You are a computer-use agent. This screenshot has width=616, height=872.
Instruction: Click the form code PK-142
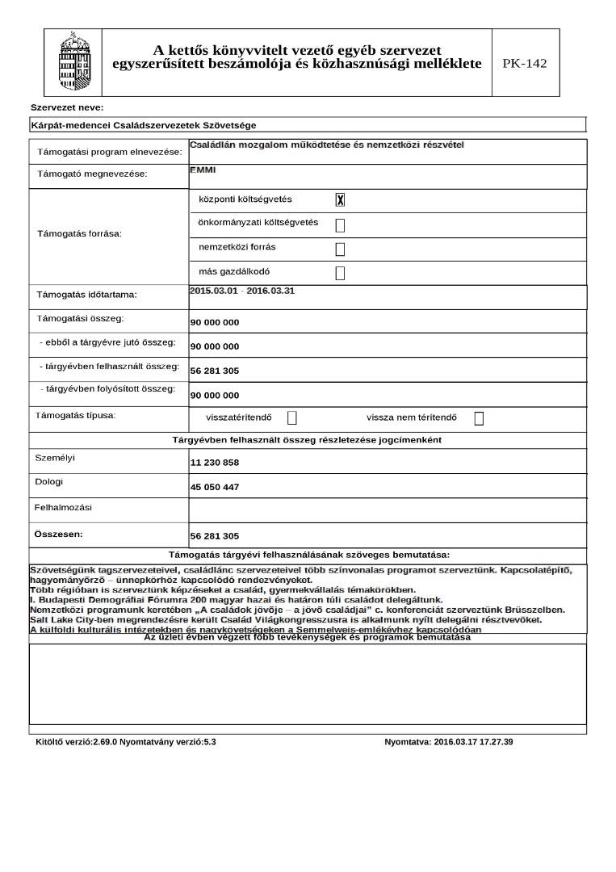[x=524, y=63]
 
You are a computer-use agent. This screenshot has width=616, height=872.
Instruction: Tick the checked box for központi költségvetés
[x=340, y=200]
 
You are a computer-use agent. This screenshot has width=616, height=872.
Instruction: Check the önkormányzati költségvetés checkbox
[x=340, y=224]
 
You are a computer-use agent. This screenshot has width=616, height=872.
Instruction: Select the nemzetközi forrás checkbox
[x=340, y=249]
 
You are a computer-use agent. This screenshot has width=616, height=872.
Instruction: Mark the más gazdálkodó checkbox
[x=340, y=273]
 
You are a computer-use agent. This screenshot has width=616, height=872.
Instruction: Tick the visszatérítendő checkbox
[x=292, y=418]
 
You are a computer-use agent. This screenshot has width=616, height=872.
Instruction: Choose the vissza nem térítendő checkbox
[x=479, y=418]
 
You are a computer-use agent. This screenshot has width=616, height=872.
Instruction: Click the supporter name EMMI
[x=203, y=170]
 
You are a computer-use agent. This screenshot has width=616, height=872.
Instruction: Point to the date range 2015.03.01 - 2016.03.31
[x=242, y=290]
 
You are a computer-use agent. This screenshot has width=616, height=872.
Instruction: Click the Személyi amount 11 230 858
[x=215, y=463]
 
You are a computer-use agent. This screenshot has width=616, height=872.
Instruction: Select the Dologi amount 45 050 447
[x=215, y=488]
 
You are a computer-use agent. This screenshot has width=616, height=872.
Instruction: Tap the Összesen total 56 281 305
[x=215, y=536]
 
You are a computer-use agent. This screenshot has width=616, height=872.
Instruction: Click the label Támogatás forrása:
[x=79, y=234]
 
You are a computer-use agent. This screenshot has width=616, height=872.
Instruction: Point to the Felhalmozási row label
[x=63, y=508]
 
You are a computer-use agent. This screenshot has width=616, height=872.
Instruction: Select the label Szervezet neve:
[x=67, y=107]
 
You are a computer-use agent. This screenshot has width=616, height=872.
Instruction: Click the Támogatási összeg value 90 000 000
[x=215, y=323]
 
